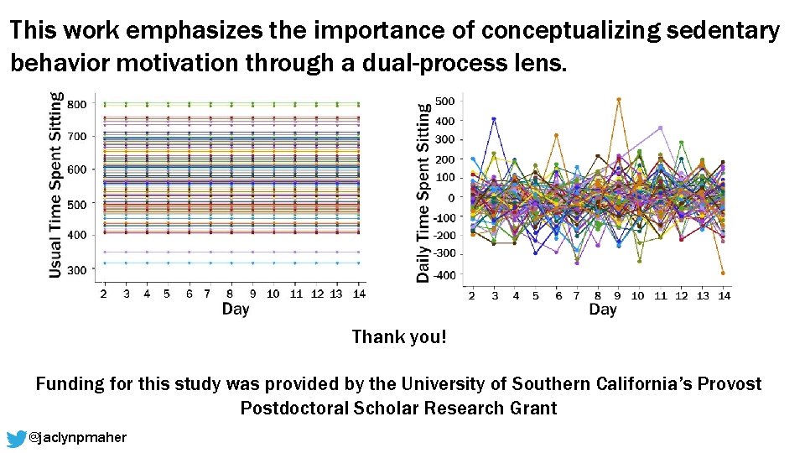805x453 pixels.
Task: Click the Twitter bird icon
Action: click(x=16, y=438)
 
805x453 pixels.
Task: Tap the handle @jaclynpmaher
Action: click(x=77, y=438)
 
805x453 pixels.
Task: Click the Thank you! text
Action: click(x=399, y=337)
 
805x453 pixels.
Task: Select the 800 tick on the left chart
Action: click(x=76, y=105)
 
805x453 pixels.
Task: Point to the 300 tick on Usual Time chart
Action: click(x=76, y=270)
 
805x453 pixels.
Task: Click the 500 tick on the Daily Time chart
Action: click(x=445, y=102)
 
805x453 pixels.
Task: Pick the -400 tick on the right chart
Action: click(x=444, y=275)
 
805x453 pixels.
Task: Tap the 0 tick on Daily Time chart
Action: click(x=451, y=197)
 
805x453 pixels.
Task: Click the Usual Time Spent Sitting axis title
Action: click(x=55, y=185)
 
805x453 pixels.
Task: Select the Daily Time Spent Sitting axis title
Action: click(x=423, y=192)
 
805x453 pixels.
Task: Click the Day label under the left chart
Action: click(x=235, y=310)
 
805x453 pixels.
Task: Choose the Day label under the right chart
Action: click(x=602, y=310)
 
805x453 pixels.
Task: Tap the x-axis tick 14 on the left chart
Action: click(x=358, y=294)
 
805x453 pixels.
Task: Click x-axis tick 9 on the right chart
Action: click(x=618, y=295)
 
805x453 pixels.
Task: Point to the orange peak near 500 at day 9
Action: click(x=618, y=100)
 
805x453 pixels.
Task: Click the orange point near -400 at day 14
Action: click(x=723, y=273)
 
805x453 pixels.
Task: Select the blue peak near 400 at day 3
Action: click(x=494, y=119)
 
